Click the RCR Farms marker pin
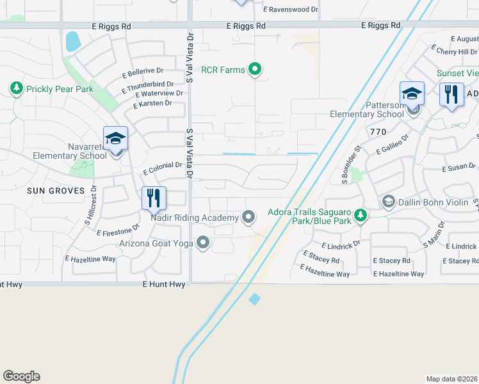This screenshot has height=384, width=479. point(255,70)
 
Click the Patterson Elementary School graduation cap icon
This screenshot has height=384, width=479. point(412,93)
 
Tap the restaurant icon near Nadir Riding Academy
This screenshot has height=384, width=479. point(154,198)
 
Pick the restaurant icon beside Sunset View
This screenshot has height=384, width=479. point(452,94)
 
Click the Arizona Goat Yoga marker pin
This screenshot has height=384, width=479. point(204,243)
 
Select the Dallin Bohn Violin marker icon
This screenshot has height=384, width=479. point(388,202)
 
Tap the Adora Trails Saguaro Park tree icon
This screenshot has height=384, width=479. point(361,216)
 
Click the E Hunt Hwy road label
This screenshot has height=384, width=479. point(164,284)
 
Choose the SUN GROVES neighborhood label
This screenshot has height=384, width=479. point(56,191)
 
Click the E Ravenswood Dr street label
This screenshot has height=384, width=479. point(291,10)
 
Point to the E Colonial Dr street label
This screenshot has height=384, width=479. point(163,168)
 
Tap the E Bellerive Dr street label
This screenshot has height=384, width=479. point(143,72)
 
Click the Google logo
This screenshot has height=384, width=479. point(21,376)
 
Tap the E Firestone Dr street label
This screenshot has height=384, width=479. point(118,230)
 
